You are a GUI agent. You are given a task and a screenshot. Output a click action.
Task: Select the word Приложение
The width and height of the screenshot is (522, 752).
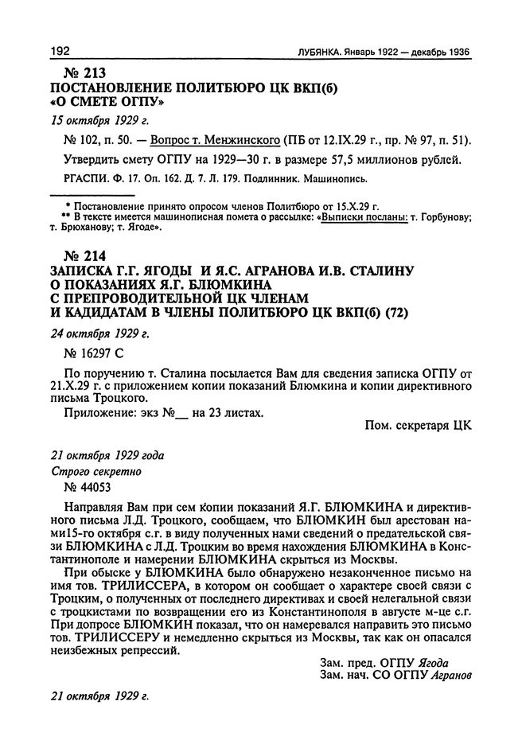click(99, 411)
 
